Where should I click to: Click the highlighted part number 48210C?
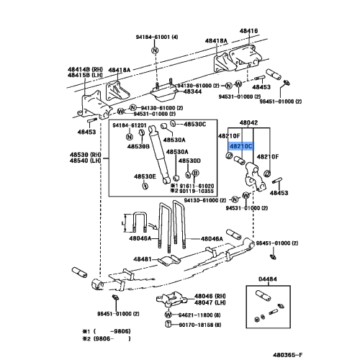[x=240, y=146]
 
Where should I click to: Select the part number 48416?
[x=248, y=32]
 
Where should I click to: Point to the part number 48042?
[x=248, y=123]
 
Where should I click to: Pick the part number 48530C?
[x=192, y=125]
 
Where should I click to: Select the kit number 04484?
[x=268, y=278]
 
